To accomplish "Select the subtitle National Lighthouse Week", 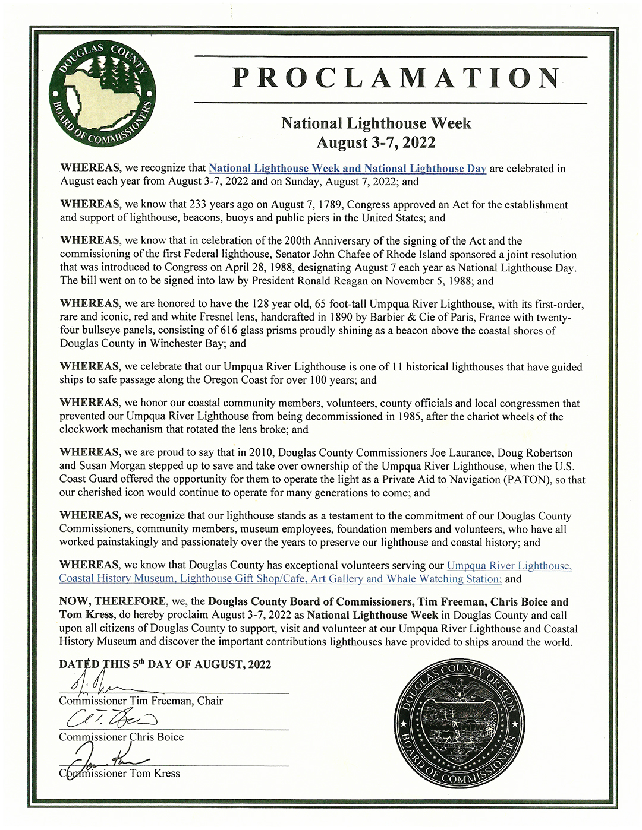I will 376,123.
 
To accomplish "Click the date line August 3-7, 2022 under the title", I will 376,142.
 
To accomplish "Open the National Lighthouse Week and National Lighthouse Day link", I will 347,169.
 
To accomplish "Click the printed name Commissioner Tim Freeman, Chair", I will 141,701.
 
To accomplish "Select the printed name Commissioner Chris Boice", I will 121,737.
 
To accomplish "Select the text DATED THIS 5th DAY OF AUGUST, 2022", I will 165,664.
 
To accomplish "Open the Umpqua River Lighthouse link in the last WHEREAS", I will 509,566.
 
